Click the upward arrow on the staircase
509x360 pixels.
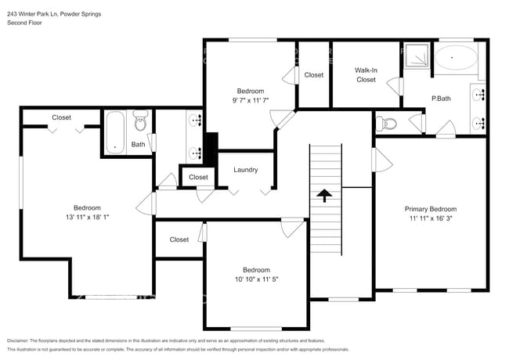click(325, 195)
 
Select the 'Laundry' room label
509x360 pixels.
click(246, 170)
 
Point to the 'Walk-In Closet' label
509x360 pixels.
click(366, 75)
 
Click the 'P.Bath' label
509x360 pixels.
click(440, 99)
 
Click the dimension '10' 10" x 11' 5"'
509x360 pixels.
click(255, 279)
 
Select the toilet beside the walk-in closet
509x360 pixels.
click(388, 124)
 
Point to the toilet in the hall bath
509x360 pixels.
click(140, 123)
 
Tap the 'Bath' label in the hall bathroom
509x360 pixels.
click(138, 145)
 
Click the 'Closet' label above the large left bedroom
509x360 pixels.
click(61, 117)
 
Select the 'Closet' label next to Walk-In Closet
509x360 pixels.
click(314, 75)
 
